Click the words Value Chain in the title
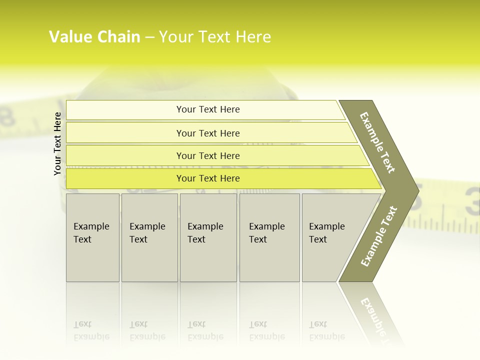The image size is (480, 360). [x=94, y=37]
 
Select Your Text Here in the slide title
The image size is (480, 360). [x=215, y=37]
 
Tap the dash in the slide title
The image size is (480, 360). [x=149, y=37]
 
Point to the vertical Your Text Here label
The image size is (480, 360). [x=57, y=144]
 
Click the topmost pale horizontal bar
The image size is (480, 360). [x=208, y=109]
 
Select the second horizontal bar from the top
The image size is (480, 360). [x=208, y=133]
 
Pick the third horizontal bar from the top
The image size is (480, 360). [x=208, y=155]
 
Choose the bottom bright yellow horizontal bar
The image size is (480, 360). [x=208, y=178]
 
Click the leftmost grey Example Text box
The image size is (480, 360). [x=92, y=237]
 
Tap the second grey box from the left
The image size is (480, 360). [x=149, y=237]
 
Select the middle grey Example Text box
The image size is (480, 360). [x=208, y=237]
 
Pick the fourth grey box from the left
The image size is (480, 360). [x=269, y=237]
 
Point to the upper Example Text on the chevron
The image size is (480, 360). [x=377, y=142]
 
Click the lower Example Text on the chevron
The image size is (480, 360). [x=379, y=236]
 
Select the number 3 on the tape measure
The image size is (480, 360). [x=472, y=201]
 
